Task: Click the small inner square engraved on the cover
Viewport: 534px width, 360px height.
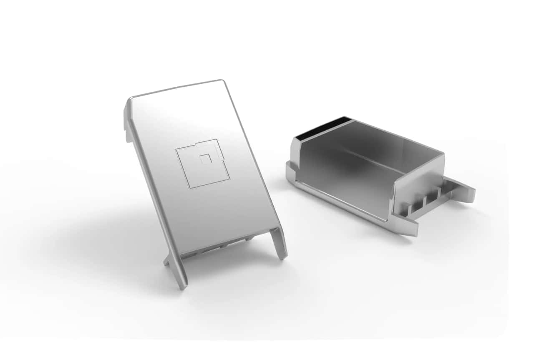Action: click(205, 159)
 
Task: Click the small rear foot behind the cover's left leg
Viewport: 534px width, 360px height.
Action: click(167, 261)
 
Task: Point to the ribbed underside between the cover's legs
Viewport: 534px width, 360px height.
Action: click(225, 246)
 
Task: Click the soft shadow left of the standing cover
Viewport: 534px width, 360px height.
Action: click(104, 234)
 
